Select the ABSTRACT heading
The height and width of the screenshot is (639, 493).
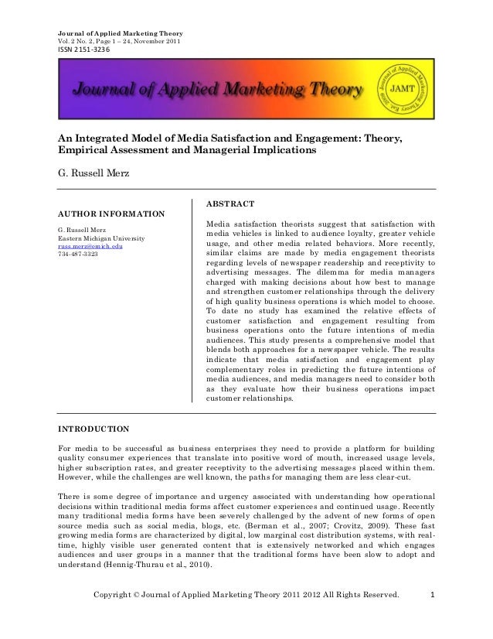[x=230, y=203]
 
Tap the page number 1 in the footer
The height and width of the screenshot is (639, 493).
[x=432, y=617]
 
